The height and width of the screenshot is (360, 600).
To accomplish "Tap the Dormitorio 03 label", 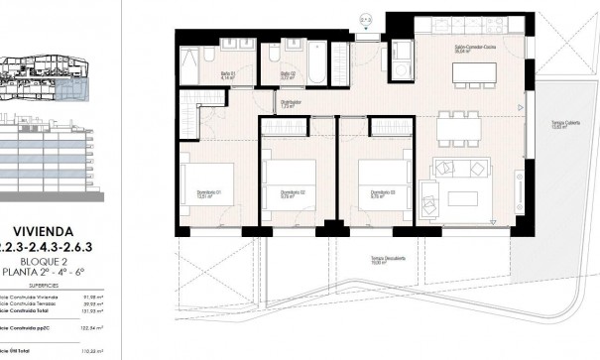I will [x=383, y=194].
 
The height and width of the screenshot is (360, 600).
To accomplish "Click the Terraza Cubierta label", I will [x=565, y=125].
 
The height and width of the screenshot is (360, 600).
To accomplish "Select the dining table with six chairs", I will [x=460, y=126].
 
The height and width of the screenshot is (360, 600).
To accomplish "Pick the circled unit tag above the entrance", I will [x=365, y=19].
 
